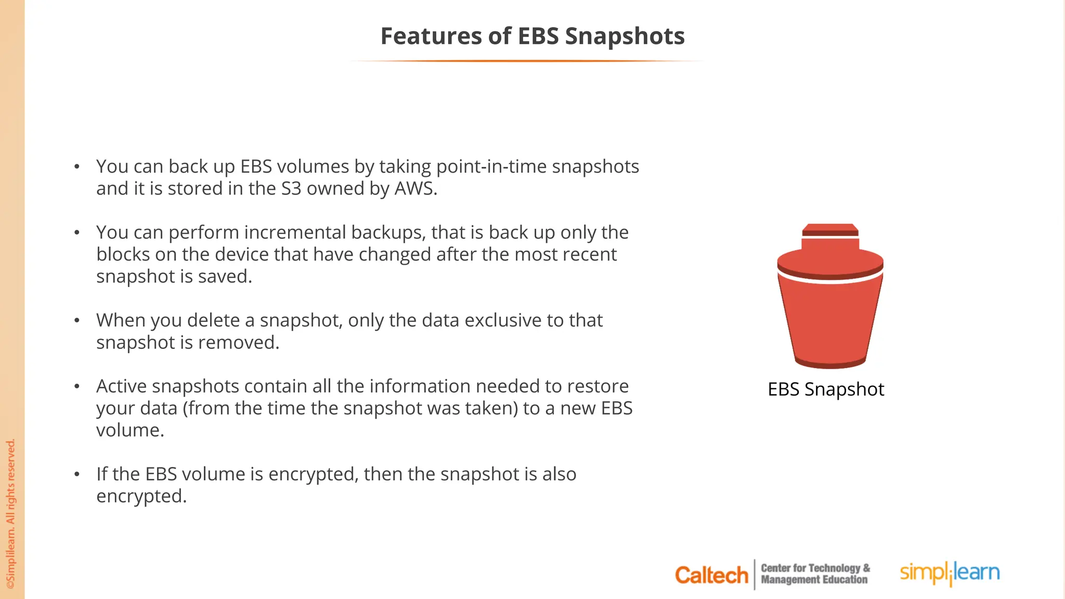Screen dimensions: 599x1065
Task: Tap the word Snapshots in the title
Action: (x=625, y=36)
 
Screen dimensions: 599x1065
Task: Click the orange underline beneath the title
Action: (x=527, y=61)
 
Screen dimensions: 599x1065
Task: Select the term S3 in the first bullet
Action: (x=291, y=189)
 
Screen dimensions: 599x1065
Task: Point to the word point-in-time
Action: (x=491, y=167)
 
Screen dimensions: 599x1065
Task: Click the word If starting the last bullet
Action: (x=101, y=474)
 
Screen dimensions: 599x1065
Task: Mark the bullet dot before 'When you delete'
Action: (x=77, y=320)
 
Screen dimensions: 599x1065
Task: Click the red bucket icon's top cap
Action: (x=830, y=230)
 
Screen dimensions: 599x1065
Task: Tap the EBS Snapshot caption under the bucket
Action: (x=826, y=389)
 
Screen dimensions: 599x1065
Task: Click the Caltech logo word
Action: (x=711, y=575)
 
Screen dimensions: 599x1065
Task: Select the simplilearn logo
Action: (x=950, y=573)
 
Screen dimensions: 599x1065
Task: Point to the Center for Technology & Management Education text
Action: (x=815, y=574)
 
